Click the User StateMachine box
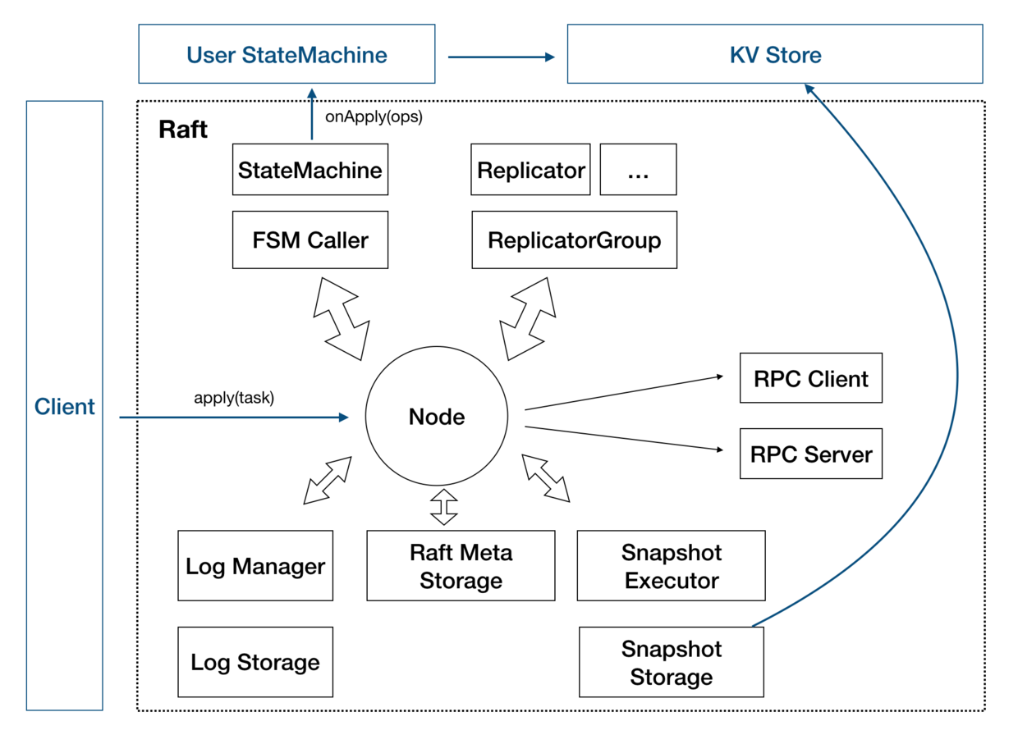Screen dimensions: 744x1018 pos(287,54)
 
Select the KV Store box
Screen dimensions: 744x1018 pos(774,54)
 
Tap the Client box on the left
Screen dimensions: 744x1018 pos(65,406)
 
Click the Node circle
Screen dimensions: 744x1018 pos(437,417)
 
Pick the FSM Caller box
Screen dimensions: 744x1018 pos(310,240)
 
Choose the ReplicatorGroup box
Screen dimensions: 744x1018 pos(574,240)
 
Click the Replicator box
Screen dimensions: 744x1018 pos(530,170)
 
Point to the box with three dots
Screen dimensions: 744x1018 pos(638,170)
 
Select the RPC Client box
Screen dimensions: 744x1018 pos(810,378)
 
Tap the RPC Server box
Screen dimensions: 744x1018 pos(810,454)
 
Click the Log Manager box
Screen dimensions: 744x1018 pos(255,566)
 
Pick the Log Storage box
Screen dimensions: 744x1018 pos(255,662)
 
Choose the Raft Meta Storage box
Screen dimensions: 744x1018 pos(461,566)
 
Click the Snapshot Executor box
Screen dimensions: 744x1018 pos(671,566)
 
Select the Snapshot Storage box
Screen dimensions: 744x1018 pos(671,662)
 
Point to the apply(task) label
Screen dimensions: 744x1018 pos(234,399)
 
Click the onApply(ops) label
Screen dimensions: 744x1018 pos(374,116)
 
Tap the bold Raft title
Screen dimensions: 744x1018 pos(182,130)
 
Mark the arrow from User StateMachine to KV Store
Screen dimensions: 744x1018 pos(501,57)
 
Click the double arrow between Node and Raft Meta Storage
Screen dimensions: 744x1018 pos(444,506)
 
